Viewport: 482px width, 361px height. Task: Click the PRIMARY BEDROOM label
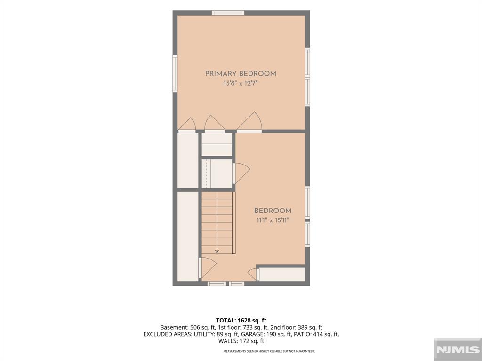point(241,74)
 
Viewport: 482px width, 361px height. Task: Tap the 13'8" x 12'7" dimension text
point(241,83)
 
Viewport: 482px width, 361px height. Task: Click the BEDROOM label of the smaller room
point(273,211)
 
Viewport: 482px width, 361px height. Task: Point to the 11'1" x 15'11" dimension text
point(273,220)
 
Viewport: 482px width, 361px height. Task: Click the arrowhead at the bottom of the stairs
point(217,252)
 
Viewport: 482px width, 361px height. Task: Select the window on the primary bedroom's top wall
point(228,13)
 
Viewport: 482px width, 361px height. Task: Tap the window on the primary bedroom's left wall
point(175,74)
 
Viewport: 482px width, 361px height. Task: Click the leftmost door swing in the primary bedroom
point(187,125)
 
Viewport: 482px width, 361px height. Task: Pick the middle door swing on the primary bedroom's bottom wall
point(215,124)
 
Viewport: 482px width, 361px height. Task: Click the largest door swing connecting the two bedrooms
point(249,122)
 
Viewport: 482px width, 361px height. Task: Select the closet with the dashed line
point(217,174)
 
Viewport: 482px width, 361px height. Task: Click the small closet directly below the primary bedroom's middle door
point(217,144)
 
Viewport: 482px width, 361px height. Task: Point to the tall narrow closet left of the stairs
point(188,236)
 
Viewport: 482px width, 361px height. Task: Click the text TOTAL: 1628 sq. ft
point(241,321)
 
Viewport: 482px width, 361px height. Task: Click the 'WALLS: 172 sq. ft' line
point(241,341)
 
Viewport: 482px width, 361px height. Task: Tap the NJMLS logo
point(458,350)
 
